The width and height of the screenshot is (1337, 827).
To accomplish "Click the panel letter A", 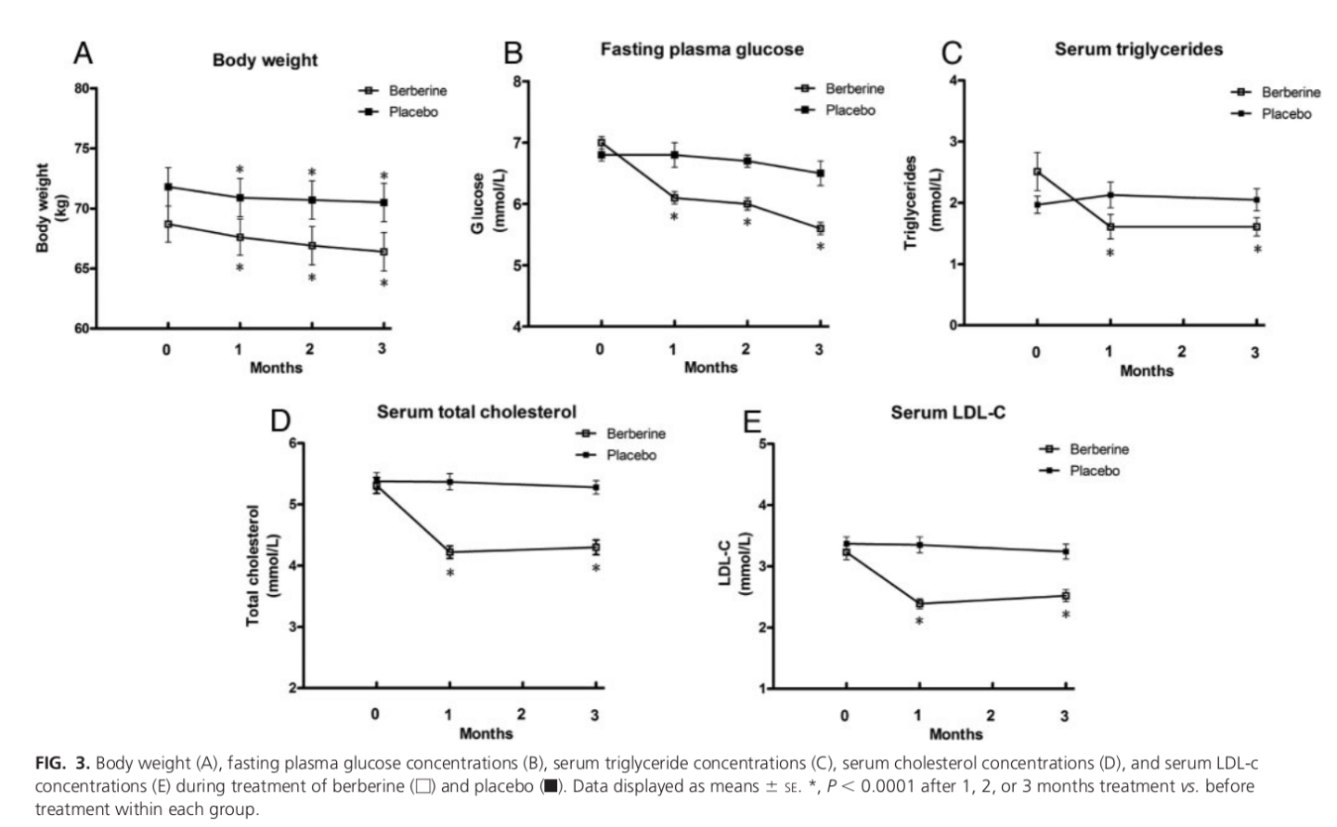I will tap(83, 54).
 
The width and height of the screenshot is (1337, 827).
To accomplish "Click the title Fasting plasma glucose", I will tap(701, 49).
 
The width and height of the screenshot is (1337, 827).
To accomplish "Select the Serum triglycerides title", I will tap(1138, 49).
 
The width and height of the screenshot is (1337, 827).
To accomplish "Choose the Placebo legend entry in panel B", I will tap(850, 110).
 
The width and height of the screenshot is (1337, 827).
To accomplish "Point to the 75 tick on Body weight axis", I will tap(82, 149).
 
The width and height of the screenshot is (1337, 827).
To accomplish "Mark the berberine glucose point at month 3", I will tap(821, 228).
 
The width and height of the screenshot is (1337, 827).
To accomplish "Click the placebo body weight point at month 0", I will tap(168, 187).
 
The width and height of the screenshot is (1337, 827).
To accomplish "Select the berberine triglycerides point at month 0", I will tap(1037, 172).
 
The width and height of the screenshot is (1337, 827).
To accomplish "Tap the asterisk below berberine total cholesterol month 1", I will tap(450, 575).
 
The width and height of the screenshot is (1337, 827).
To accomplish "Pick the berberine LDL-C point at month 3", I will tap(1066, 596).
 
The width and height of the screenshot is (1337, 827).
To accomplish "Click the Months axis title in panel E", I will tap(955, 734).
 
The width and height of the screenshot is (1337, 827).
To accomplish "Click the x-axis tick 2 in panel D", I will tap(522, 715).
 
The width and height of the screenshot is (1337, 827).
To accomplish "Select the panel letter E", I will tap(751, 422).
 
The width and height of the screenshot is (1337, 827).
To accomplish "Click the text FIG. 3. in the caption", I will tap(62, 764).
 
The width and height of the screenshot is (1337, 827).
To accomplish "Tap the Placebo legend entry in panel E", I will tap(1094, 471).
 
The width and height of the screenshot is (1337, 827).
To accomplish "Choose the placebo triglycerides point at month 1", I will tap(1110, 195).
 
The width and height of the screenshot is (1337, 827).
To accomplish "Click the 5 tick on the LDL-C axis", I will tap(762, 445).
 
